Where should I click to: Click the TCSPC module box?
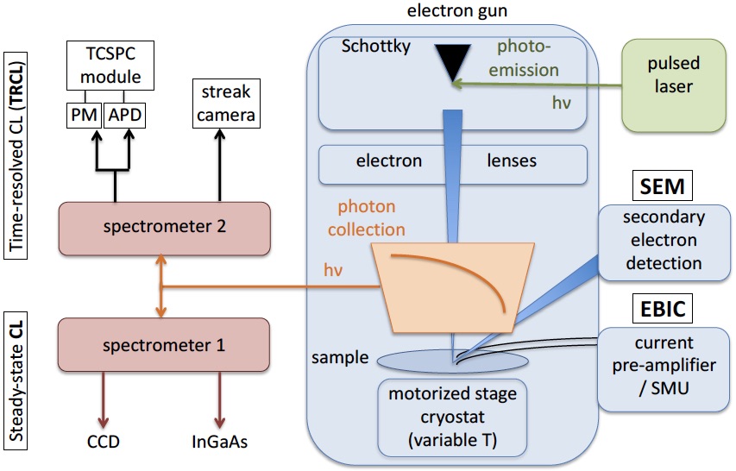coord(110,66)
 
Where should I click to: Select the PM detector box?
coord(84,115)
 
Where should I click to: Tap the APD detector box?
coord(124,115)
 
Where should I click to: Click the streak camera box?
coord(226,104)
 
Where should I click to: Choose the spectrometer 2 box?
coord(164,229)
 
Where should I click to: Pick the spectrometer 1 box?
coord(164,345)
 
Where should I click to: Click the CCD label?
coord(104,442)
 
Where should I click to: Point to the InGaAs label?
coord(220,442)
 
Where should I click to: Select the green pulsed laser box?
coord(674,85)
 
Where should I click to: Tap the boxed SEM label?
coord(663,186)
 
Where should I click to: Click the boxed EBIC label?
coord(663,308)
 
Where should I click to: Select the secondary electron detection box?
coord(664,242)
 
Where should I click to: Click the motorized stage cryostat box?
coord(452,417)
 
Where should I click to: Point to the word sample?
coord(340,358)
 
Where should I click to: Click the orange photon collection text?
coord(367,218)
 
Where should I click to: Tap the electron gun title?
coord(457,10)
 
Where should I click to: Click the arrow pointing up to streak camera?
coord(220,165)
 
